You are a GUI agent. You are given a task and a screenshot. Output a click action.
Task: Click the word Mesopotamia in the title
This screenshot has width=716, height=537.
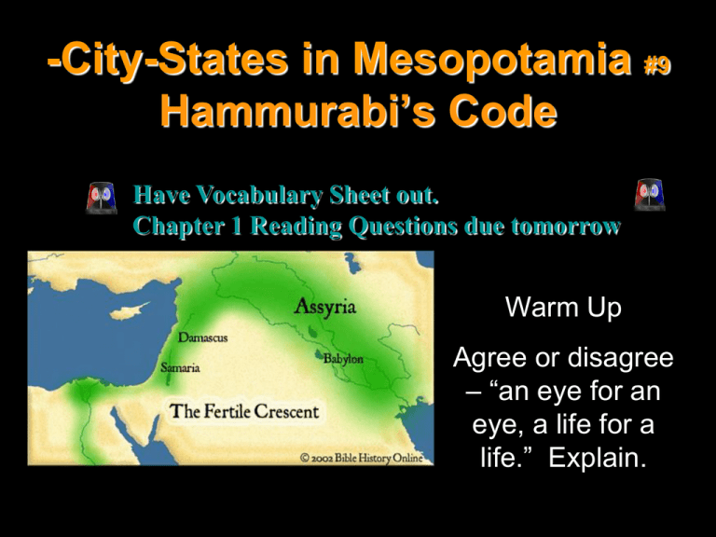click(x=492, y=61)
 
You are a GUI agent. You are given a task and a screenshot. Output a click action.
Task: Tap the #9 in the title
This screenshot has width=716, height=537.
click(x=657, y=66)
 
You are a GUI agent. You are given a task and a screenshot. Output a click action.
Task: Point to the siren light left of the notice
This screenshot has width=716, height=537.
click(x=102, y=198)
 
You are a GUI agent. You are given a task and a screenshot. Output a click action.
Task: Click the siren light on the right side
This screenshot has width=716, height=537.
click(x=649, y=195)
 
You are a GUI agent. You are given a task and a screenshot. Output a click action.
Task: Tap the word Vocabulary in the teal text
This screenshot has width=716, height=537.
click(x=260, y=196)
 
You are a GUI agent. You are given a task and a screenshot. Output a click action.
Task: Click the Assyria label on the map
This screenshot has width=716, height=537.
click(x=324, y=307)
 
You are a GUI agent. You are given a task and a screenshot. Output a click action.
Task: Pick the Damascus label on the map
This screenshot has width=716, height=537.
click(x=202, y=337)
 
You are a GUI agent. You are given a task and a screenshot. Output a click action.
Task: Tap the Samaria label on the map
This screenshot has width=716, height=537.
click(x=180, y=367)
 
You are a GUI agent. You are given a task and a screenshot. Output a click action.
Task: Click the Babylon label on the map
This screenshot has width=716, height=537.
click(x=343, y=359)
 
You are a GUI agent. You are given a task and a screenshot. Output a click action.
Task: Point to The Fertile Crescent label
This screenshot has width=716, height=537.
click(x=244, y=411)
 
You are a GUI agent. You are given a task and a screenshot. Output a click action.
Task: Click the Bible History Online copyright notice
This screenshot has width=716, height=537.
click(x=362, y=458)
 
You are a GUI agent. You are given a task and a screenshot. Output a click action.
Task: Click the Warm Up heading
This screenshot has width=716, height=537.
click(x=563, y=307)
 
